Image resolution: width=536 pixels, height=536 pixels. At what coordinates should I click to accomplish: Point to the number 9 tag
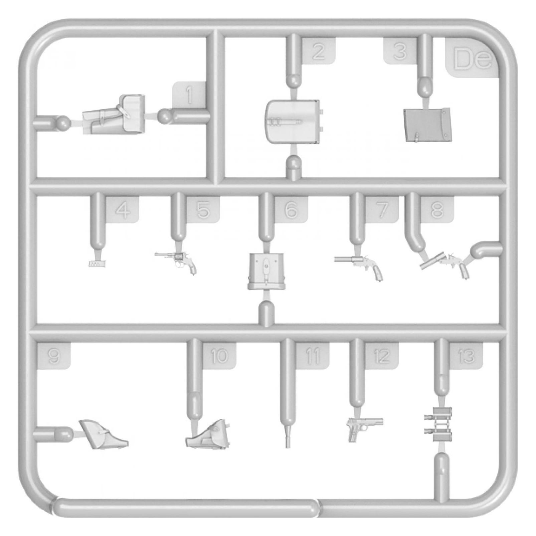click(x=53, y=356)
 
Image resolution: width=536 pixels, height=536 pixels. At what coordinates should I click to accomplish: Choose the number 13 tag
click(x=466, y=356)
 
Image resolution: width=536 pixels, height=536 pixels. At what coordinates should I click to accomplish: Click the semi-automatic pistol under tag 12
click(x=365, y=428)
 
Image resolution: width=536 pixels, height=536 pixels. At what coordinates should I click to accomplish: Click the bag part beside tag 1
click(x=114, y=115)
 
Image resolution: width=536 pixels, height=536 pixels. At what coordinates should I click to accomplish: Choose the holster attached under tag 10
click(x=207, y=433)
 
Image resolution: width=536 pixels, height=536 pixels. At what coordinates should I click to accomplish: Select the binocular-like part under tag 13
click(x=438, y=424)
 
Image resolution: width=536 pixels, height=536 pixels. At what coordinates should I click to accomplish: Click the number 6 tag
click(x=291, y=210)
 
